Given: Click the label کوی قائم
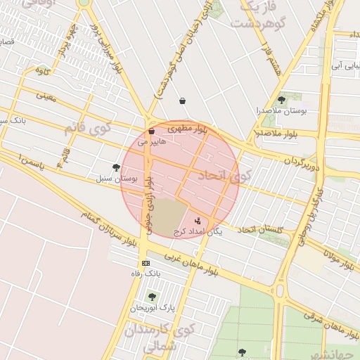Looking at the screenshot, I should (88, 129).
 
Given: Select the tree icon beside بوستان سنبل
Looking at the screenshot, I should (116, 167).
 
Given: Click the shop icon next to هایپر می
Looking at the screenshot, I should (151, 131).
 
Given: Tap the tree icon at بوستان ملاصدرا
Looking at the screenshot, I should (281, 100).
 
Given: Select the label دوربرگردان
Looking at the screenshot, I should (302, 160).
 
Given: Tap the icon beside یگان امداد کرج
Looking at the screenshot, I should (196, 221).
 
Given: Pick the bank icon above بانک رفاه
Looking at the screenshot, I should (146, 263).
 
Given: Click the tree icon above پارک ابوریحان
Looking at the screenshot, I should (153, 297).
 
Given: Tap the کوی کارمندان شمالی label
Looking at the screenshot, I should (158, 337).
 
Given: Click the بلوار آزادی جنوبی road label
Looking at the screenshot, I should (149, 200).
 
